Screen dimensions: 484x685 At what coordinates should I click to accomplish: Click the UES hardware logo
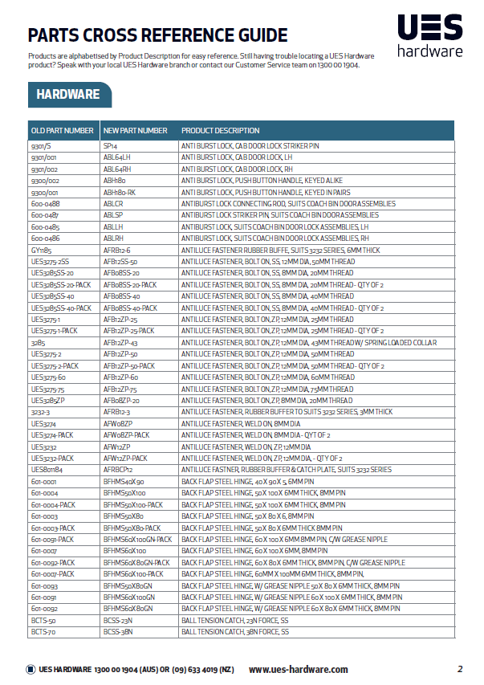430,38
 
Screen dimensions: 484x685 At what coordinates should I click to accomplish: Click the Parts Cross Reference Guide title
157,35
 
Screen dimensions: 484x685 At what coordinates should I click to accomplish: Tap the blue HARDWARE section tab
68,95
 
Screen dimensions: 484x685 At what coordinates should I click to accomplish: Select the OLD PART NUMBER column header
63,130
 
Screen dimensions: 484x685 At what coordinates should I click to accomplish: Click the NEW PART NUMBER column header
136,130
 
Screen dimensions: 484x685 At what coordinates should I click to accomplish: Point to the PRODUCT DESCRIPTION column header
221,130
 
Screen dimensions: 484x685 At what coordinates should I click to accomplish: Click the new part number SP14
111,146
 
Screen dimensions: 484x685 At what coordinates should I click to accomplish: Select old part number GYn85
41,250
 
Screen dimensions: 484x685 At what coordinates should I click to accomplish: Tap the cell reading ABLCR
113,204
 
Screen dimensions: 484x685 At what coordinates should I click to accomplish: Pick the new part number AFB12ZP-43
121,342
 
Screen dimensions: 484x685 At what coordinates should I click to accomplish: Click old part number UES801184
47,469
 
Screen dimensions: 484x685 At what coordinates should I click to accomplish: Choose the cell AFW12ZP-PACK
126,458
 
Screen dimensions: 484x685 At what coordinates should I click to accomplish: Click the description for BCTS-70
234,632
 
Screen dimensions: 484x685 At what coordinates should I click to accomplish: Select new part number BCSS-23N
118,620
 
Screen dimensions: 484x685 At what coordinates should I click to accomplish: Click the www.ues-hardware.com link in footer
299,669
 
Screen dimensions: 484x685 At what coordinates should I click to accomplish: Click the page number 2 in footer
460,669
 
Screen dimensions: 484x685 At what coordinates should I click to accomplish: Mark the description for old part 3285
309,342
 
